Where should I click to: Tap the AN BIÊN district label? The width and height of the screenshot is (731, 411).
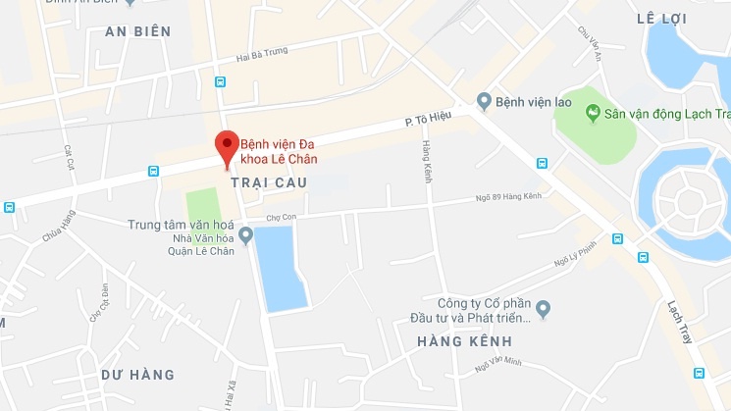click(137, 32)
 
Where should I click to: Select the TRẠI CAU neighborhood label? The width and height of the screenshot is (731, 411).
click(269, 183)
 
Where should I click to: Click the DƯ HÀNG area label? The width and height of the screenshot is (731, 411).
click(137, 375)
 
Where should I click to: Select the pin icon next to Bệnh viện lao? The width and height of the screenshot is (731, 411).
click(483, 100)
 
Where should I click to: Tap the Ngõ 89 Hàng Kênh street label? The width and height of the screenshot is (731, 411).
click(511, 198)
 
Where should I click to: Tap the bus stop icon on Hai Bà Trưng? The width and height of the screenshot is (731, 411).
click(219, 82)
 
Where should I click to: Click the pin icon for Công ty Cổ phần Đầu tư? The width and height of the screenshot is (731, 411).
click(543, 309)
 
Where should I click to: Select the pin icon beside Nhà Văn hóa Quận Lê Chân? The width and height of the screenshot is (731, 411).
click(246, 233)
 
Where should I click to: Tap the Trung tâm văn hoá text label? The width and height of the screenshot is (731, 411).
click(176, 225)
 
